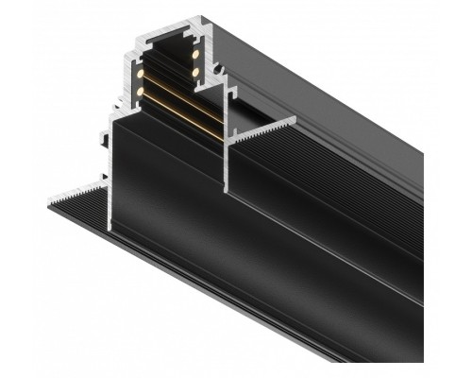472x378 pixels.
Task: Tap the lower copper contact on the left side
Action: tap(141, 92)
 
